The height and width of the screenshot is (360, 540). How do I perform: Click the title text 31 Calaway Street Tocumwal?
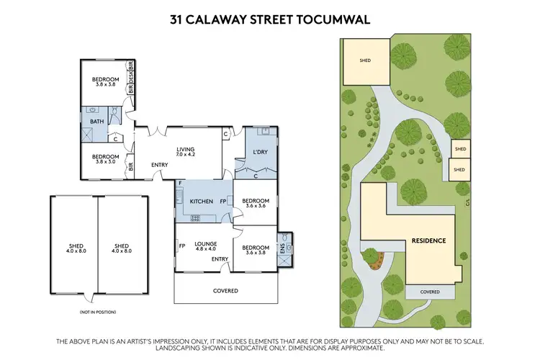(x=270, y=19)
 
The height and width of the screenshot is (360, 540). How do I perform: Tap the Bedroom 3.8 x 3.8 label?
(x=105, y=82)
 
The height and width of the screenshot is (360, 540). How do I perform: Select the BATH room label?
(x=96, y=121)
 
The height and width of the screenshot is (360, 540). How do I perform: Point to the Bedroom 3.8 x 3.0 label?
(x=105, y=158)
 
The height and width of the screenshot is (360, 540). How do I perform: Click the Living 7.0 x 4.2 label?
(x=186, y=152)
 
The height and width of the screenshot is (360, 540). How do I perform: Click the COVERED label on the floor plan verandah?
(x=226, y=291)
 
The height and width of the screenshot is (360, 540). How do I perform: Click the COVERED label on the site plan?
(x=430, y=292)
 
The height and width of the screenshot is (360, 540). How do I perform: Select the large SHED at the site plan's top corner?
(x=365, y=60)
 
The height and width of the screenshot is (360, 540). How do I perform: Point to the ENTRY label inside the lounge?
(x=220, y=259)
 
